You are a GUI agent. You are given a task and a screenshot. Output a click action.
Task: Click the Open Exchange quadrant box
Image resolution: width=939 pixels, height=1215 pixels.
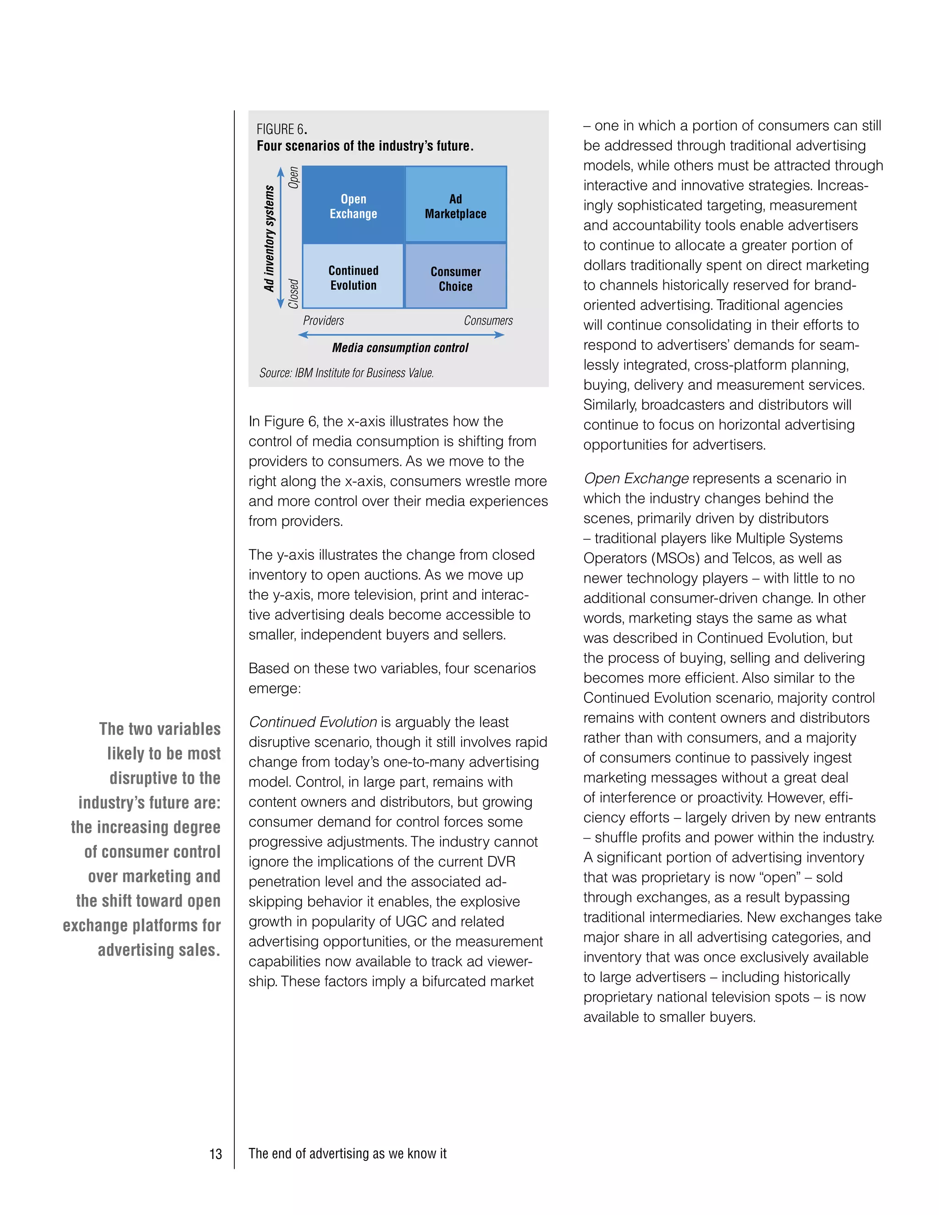(353, 205)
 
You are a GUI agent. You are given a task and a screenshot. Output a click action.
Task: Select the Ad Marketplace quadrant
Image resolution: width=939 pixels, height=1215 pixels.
(456, 205)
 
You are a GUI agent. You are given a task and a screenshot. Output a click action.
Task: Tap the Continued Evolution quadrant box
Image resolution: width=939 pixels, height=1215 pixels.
(353, 276)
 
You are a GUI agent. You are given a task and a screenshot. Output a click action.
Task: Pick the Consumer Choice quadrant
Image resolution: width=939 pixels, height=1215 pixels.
(456, 276)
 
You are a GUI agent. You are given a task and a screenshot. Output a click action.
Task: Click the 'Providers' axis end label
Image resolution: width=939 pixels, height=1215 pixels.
(323, 320)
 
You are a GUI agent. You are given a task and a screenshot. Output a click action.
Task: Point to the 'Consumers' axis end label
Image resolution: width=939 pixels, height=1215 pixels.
(488, 320)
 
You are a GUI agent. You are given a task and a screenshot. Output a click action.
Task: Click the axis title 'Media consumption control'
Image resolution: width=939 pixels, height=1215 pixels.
(400, 348)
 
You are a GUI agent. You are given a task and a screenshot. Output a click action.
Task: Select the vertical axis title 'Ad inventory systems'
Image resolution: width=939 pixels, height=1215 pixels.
(269, 238)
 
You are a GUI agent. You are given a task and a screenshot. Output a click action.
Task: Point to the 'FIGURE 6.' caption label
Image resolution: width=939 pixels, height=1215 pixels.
(282, 129)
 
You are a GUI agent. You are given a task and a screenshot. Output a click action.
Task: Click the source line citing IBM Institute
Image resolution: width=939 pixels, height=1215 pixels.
(346, 373)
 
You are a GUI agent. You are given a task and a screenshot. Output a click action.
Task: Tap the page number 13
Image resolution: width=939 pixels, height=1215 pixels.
(215, 1154)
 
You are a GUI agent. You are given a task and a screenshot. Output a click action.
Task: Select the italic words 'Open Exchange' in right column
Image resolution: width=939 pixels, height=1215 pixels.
(636, 478)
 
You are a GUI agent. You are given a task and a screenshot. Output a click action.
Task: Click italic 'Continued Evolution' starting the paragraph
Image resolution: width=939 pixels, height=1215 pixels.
(313, 722)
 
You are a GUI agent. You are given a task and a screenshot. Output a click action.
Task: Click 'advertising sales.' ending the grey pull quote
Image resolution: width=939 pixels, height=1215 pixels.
(159, 950)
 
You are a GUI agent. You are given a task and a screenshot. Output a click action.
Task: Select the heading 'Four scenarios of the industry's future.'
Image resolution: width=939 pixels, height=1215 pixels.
(365, 146)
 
